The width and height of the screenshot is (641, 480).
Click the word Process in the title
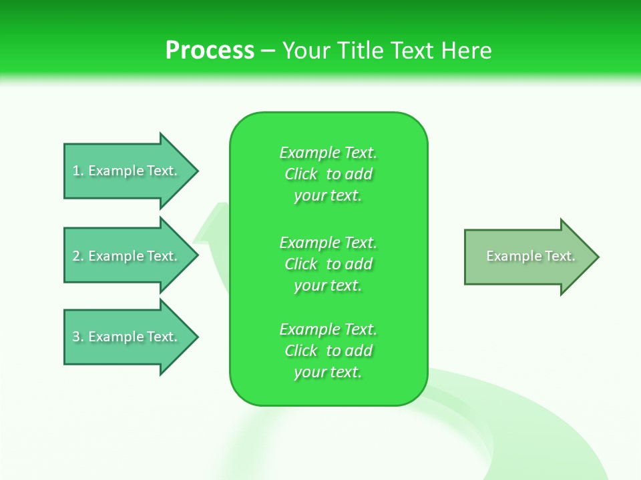tap(210, 51)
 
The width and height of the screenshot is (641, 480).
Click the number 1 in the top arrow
tap(76, 171)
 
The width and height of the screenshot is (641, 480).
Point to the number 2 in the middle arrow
tap(76, 256)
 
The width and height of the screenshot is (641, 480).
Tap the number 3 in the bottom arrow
tap(76, 337)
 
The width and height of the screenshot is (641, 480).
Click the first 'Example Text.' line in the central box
tap(329, 153)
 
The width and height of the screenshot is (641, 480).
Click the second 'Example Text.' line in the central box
tap(329, 242)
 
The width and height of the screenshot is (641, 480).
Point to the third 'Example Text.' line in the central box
tap(329, 329)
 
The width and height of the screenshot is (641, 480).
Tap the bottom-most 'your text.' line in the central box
tap(328, 372)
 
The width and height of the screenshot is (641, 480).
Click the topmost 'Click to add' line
tap(329, 174)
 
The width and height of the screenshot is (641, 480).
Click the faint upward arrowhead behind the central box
tap(212, 223)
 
